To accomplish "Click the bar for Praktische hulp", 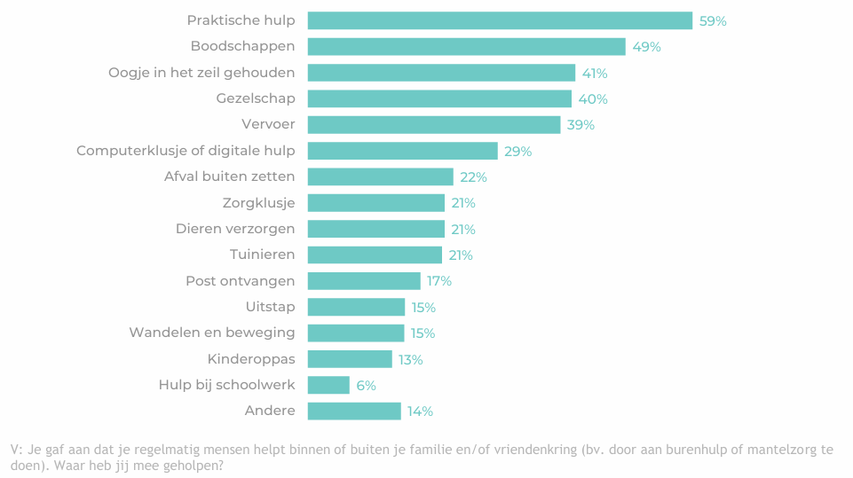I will click(x=500, y=20).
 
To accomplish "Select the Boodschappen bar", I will click(x=466, y=46).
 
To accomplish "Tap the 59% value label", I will click(x=713, y=21).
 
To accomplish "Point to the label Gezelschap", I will click(x=256, y=98).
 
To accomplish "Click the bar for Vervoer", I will click(x=434, y=125).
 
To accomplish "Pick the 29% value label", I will click(x=518, y=152).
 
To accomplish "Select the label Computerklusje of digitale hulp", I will click(x=186, y=151).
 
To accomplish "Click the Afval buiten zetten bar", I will click(x=380, y=177).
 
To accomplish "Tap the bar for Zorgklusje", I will click(x=375, y=203).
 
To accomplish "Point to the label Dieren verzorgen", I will click(x=235, y=229).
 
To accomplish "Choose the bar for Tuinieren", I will click(x=375, y=255).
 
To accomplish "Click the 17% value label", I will click(x=439, y=281).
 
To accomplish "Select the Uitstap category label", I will click(x=270, y=307).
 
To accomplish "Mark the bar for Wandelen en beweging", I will click(x=356, y=333).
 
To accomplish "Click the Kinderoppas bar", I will click(x=350, y=359).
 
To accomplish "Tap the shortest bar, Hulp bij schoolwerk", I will click(x=328, y=385).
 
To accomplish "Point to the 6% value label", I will click(x=367, y=386).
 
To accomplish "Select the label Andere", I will click(x=270, y=411).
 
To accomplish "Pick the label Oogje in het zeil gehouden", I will click(x=201, y=73).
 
